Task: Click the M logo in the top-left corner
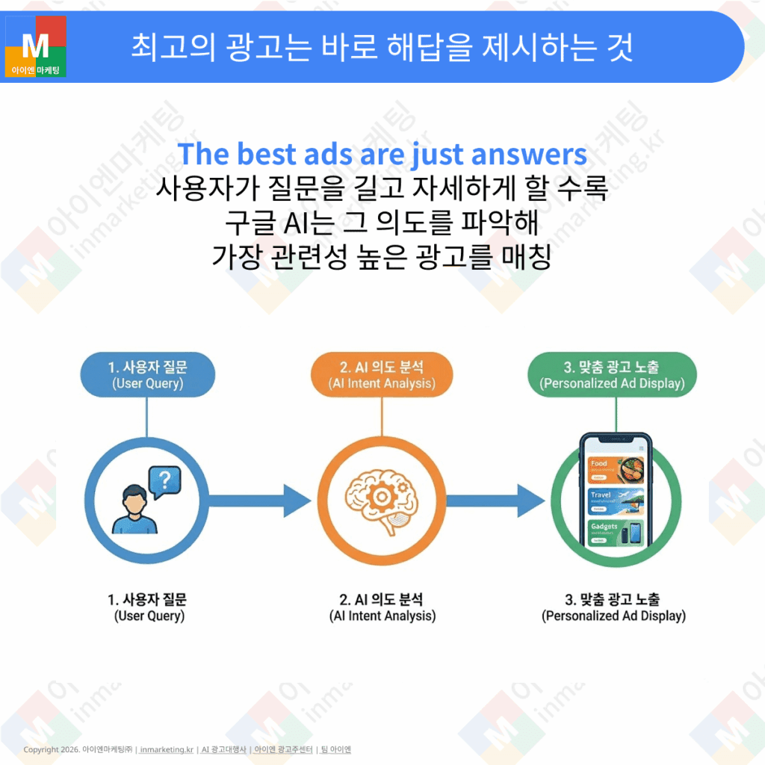(x=35, y=46)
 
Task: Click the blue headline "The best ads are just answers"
(x=382, y=154)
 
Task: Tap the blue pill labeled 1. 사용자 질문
(x=147, y=375)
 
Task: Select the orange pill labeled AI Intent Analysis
(x=382, y=375)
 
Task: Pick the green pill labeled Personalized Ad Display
(x=612, y=375)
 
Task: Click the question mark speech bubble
(x=165, y=481)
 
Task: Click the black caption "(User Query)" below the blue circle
(x=149, y=616)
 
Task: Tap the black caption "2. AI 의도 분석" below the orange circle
(x=381, y=599)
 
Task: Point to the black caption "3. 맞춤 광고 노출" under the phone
(x=613, y=599)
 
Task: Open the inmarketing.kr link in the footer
(x=167, y=749)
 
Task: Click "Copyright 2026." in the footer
(x=52, y=749)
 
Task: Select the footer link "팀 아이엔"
(x=335, y=749)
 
